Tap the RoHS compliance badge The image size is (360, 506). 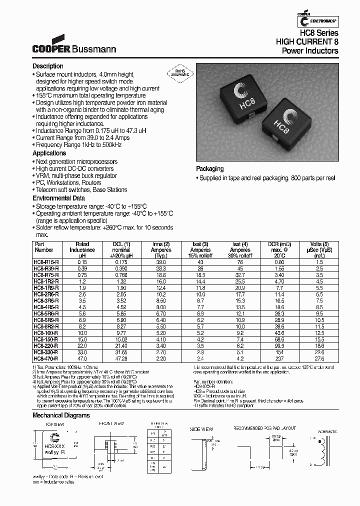click(x=178, y=73)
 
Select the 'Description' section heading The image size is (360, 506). click(x=48, y=66)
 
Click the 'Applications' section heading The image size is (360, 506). click(x=49, y=153)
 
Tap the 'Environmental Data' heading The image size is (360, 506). click(x=58, y=198)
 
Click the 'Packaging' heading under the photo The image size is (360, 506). click(x=209, y=169)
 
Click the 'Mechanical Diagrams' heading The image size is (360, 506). click(x=61, y=415)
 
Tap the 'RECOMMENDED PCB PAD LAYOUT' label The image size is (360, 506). click(x=265, y=429)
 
